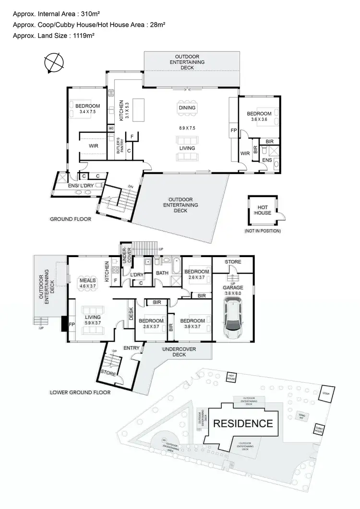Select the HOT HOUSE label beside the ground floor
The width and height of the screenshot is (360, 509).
(263, 210)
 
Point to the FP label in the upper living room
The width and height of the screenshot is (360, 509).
(234, 130)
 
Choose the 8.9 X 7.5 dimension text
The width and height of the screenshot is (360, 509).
(187, 128)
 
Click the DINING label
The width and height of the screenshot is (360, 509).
(187, 107)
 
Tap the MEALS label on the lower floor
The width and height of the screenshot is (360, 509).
(88, 280)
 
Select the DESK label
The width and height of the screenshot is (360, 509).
(131, 313)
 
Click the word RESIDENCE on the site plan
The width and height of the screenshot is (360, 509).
(243, 423)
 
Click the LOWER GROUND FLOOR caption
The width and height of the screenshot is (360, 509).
(80, 392)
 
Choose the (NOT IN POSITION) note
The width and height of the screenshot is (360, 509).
(262, 231)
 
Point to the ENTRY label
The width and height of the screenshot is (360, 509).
(132, 348)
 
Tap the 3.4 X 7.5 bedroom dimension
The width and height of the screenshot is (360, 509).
(87, 112)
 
